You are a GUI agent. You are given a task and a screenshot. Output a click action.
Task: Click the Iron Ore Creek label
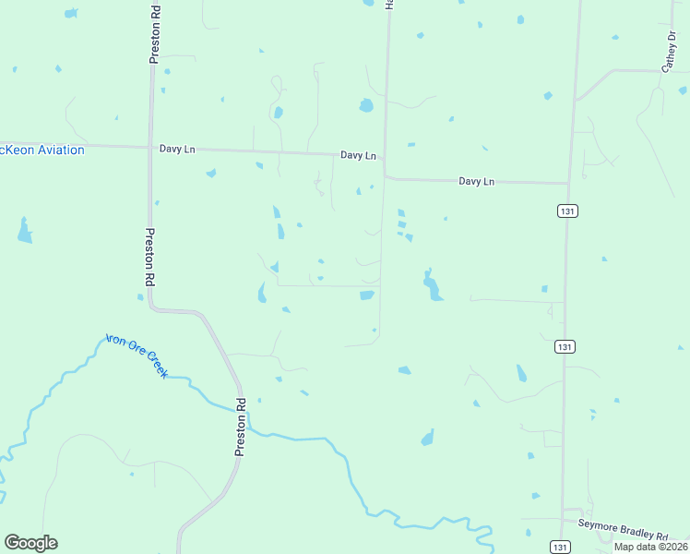(x=137, y=355)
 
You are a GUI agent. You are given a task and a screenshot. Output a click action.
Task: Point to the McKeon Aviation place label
(x=42, y=150)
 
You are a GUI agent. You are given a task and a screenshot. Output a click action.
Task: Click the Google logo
(x=30, y=543)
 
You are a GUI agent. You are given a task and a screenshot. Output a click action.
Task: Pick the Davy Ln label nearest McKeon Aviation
(x=177, y=148)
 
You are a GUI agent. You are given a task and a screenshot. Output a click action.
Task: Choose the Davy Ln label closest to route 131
(x=477, y=182)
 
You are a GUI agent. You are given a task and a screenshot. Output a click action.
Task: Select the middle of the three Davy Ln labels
(x=358, y=155)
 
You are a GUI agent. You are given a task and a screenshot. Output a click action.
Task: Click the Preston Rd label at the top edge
(x=155, y=32)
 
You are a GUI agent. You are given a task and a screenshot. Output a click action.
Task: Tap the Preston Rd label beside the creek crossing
(x=241, y=427)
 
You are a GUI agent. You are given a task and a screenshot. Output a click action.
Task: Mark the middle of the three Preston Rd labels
(x=149, y=258)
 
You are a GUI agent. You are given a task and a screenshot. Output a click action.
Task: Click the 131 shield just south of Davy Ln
(x=567, y=211)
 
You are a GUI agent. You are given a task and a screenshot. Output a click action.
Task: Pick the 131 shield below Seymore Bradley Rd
(x=560, y=547)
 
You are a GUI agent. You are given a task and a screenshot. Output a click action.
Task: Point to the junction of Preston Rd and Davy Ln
(x=150, y=147)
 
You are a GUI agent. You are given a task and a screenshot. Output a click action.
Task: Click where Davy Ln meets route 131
(x=568, y=183)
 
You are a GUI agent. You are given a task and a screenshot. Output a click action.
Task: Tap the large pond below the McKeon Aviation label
(x=24, y=231)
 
